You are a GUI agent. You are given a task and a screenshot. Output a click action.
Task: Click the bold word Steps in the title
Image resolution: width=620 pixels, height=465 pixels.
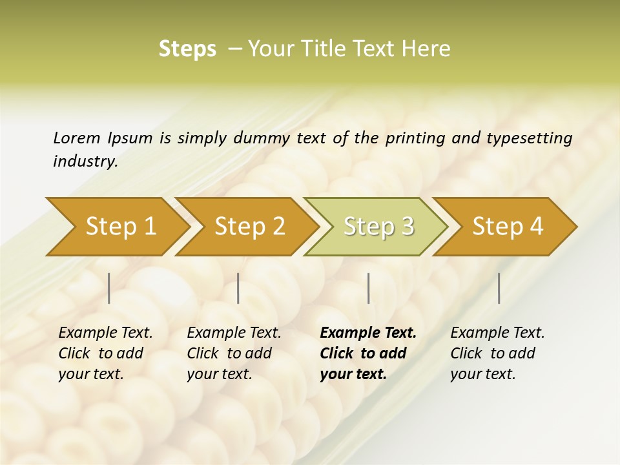point(187,49)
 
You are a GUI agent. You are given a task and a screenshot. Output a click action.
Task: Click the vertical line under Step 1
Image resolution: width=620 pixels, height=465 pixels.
point(109,288)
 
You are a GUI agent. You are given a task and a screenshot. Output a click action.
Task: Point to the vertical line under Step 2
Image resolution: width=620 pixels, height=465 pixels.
point(238,288)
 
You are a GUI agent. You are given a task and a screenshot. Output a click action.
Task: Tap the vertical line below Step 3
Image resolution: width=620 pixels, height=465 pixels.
point(368,288)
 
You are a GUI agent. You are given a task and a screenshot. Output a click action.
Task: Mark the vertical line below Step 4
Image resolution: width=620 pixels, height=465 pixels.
point(499,288)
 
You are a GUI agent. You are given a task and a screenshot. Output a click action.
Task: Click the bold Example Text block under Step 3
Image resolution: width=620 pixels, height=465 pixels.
point(367,353)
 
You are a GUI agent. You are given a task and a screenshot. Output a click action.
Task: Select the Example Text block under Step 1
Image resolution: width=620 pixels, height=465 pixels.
point(105,353)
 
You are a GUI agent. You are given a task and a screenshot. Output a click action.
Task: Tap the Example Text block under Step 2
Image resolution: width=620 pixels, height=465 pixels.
point(233,353)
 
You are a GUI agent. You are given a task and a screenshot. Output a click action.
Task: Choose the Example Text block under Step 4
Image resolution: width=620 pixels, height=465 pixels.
point(497,353)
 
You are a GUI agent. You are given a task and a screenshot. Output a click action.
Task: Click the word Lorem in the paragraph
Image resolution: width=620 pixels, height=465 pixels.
point(76,138)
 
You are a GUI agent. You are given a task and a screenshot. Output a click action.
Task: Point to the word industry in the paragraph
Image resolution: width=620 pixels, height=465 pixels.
point(85,161)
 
